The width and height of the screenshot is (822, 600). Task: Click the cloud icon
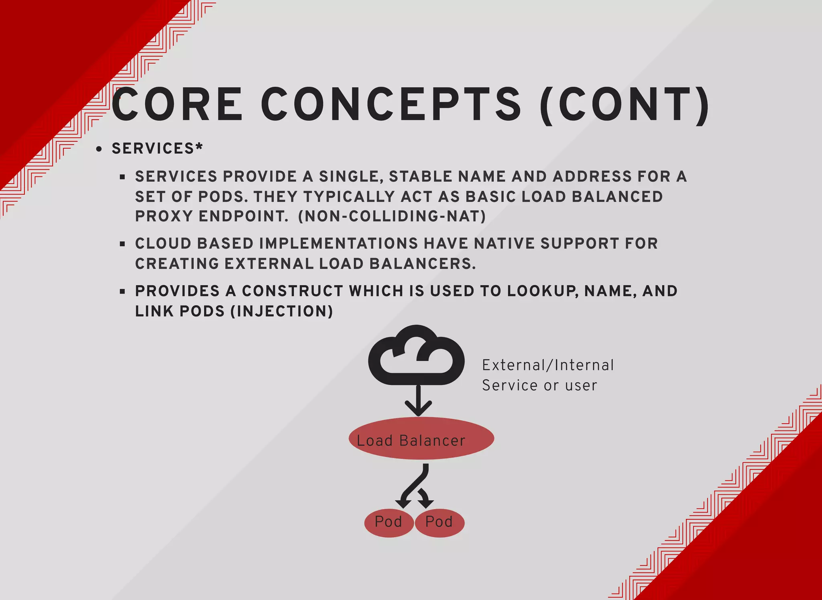[x=416, y=356]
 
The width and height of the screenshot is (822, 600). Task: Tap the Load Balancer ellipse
[x=421, y=438]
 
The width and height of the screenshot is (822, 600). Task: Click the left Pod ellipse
[x=389, y=522]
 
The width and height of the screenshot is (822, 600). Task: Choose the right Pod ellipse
[x=439, y=522]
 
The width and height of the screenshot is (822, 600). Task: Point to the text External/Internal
[x=548, y=365]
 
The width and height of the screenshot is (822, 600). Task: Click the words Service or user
[x=539, y=386]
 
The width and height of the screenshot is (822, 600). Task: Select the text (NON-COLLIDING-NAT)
[x=392, y=216]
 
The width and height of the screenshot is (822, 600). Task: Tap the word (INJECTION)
[x=282, y=311]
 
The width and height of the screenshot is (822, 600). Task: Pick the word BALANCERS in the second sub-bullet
[x=422, y=264]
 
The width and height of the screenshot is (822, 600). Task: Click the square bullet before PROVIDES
[x=122, y=292]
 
